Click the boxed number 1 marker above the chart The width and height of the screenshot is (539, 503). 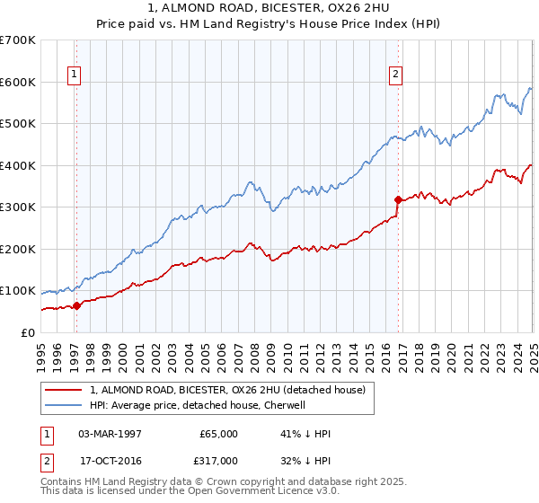coord(73,75)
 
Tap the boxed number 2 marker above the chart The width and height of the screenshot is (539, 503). coord(395,75)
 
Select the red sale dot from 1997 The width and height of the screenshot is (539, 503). coord(76,305)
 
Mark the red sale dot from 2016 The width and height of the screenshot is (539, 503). coord(398,199)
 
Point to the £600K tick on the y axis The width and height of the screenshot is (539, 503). coord(20,82)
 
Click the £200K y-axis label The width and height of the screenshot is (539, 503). coord(20,249)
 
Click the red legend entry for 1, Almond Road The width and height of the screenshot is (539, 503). coord(227,391)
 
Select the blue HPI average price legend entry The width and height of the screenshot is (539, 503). coord(198,406)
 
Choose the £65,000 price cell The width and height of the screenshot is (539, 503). coord(218,434)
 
